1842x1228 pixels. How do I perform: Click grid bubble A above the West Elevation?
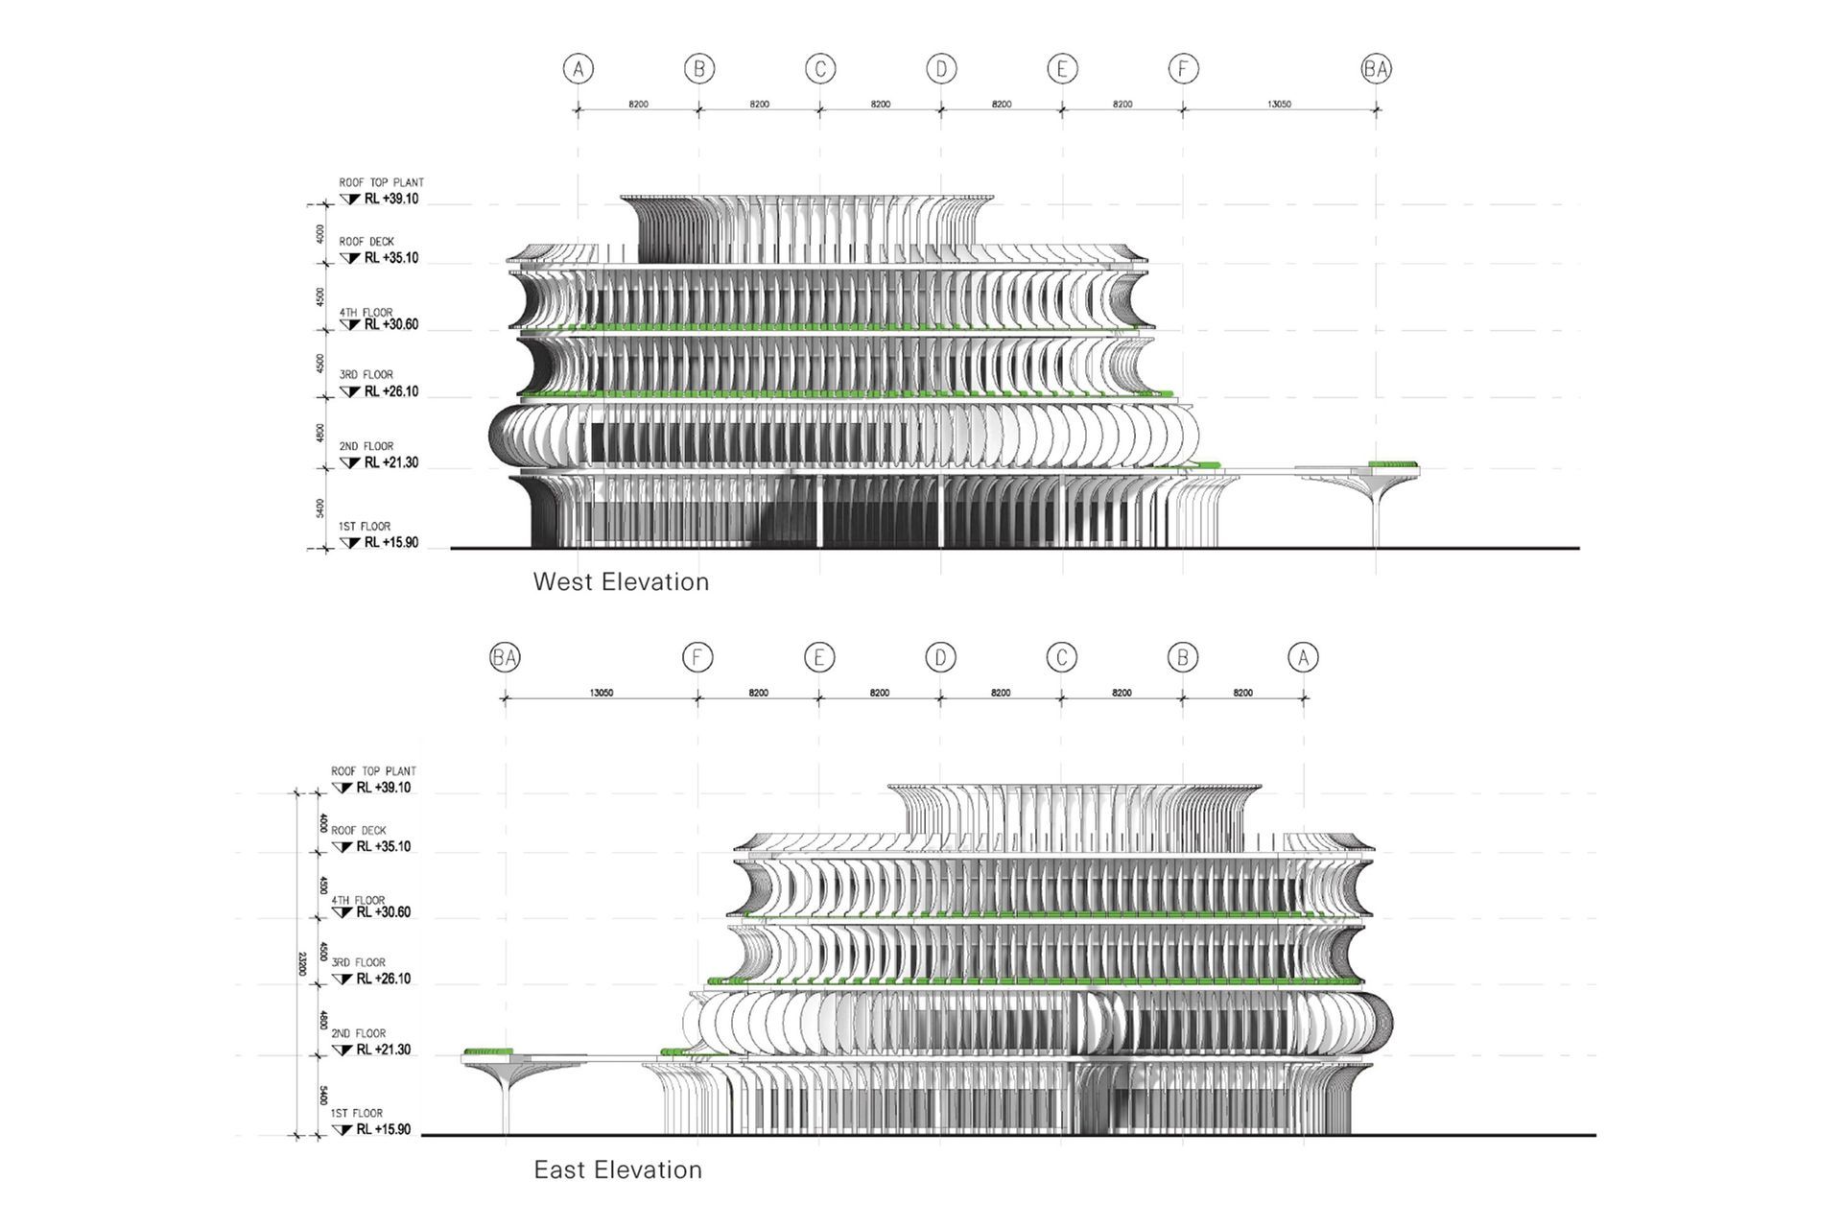tap(578, 69)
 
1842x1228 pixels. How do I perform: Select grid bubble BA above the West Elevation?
tap(1377, 69)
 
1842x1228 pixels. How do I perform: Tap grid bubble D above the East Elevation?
tap(940, 657)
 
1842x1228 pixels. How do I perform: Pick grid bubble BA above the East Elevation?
tap(505, 657)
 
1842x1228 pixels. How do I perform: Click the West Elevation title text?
tap(621, 581)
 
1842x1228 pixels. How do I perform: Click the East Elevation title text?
tap(618, 1169)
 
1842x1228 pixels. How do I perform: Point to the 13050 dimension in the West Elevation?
tap(1279, 104)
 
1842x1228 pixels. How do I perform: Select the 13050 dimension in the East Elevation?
tap(602, 693)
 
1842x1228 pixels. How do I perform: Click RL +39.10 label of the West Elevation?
tap(390, 200)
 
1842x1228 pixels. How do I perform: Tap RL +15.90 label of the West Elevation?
tap(390, 543)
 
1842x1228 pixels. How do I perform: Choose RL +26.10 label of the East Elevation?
tap(383, 979)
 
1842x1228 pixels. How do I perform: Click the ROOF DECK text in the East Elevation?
tap(359, 831)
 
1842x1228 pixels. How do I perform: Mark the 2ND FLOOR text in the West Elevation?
tap(366, 446)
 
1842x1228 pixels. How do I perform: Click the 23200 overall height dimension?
tap(302, 963)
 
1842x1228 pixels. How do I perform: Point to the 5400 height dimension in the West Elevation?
tap(319, 508)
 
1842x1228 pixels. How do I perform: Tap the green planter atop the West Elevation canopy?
tap(1392, 465)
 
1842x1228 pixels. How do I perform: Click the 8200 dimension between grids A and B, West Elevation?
tap(638, 104)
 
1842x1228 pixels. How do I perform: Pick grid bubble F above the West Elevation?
tap(1183, 69)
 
